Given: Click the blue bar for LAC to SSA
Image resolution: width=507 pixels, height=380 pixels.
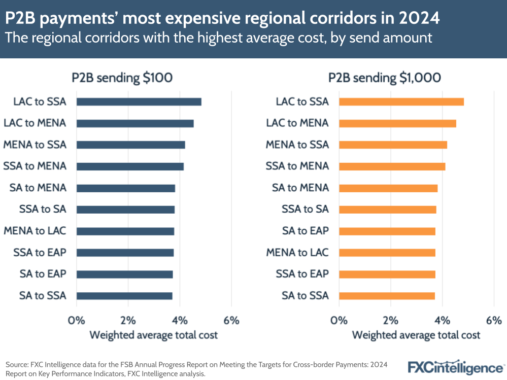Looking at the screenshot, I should click(x=139, y=101).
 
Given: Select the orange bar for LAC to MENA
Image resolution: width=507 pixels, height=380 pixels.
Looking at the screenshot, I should click(x=397, y=123).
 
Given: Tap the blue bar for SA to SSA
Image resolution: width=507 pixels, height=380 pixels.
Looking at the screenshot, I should click(x=124, y=296).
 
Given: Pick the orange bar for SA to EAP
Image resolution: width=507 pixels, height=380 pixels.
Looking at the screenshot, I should click(x=387, y=231).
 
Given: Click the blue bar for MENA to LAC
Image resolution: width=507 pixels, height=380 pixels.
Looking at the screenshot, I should click(x=125, y=231).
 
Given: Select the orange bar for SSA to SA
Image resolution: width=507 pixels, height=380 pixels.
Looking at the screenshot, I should click(x=387, y=210).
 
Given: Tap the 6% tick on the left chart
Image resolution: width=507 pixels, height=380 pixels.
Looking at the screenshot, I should click(x=231, y=321).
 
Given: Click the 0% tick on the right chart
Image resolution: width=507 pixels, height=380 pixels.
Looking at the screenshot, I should click(x=339, y=321).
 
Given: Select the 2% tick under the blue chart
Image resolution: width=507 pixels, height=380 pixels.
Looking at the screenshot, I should click(x=128, y=321).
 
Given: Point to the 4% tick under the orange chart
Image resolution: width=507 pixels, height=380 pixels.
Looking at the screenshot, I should click(x=442, y=321).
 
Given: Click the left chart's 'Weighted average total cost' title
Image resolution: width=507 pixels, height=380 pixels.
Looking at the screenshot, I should click(x=153, y=335).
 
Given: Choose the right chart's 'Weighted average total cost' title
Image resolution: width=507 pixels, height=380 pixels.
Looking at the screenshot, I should click(x=416, y=335).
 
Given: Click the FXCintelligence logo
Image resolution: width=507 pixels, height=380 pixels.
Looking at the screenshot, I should click(x=455, y=367).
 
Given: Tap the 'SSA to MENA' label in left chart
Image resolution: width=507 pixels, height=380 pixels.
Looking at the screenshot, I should click(x=35, y=166).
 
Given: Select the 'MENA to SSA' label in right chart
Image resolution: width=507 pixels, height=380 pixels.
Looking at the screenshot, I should click(x=297, y=145).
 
